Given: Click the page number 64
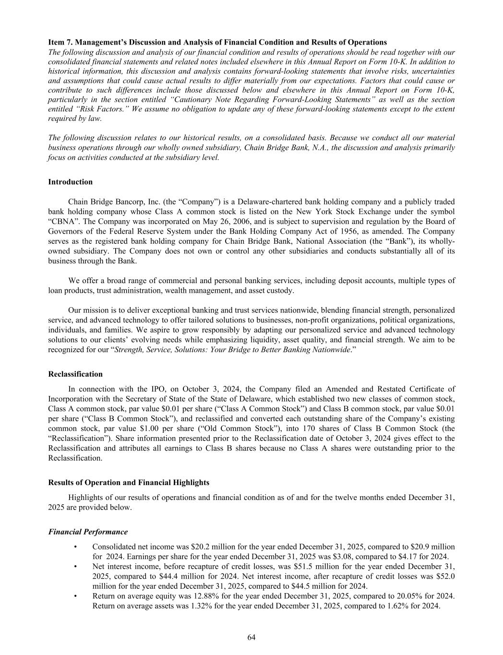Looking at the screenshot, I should pos(251,637).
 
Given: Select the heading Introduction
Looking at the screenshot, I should pos(71,182).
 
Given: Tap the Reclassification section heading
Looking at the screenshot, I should pos(75,374).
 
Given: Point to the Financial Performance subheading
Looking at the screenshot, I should pos(88,532).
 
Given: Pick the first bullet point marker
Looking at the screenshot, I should pos(75,547).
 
